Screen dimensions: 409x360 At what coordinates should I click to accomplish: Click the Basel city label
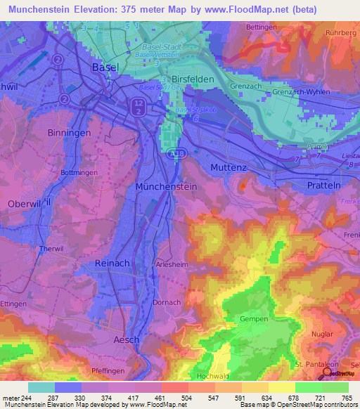105,67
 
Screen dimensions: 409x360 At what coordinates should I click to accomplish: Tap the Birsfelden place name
191,80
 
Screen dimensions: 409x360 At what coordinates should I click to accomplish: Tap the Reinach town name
110,262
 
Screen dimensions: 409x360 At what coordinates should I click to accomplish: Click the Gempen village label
254,319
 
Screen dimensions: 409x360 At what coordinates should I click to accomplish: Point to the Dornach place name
167,303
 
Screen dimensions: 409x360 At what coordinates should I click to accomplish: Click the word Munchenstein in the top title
50,10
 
